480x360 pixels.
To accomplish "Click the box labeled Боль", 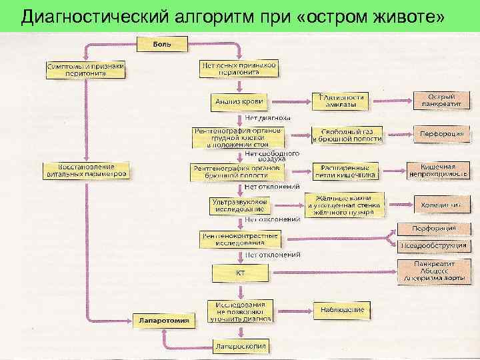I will [x=163, y=44].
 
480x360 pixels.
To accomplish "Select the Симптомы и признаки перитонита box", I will [x=85, y=71].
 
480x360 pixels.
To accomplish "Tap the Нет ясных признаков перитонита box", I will [x=238, y=69].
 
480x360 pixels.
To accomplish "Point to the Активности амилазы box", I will [x=340, y=101].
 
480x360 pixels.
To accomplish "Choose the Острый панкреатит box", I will [x=441, y=101].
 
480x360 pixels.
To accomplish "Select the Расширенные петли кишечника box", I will [x=348, y=171].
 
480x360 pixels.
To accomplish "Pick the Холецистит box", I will [x=440, y=205].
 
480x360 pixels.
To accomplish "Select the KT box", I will [x=239, y=273].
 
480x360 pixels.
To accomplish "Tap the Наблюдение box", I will [x=341, y=309].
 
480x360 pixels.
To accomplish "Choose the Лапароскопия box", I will [x=240, y=346].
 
